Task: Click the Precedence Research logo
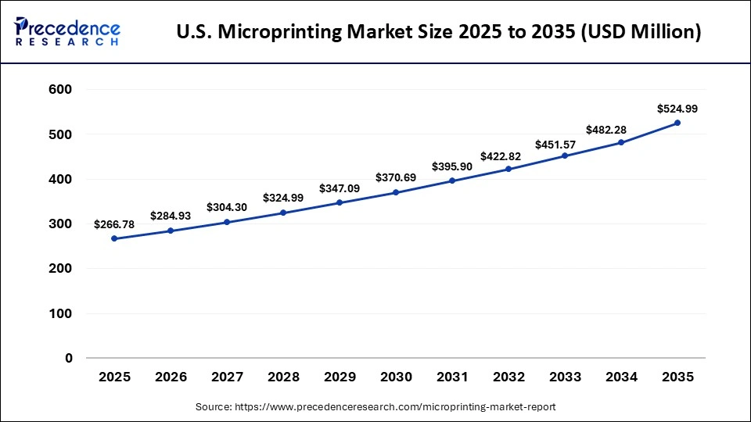pos(68,31)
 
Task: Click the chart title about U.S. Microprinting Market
pos(439,33)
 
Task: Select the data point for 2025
pos(114,238)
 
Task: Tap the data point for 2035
pos(677,123)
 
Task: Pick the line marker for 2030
pos(396,192)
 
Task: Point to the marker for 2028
pos(283,213)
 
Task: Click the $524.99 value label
pos(677,109)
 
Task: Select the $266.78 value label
pos(114,224)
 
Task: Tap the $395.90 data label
pos(452,166)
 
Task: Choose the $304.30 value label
pos(227,207)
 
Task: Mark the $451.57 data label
pos(565,144)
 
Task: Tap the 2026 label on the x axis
pos(171,377)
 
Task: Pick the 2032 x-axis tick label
pos(508,377)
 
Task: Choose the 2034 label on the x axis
pos(621,377)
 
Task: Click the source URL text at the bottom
pos(375,407)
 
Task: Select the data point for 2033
pos(565,156)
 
